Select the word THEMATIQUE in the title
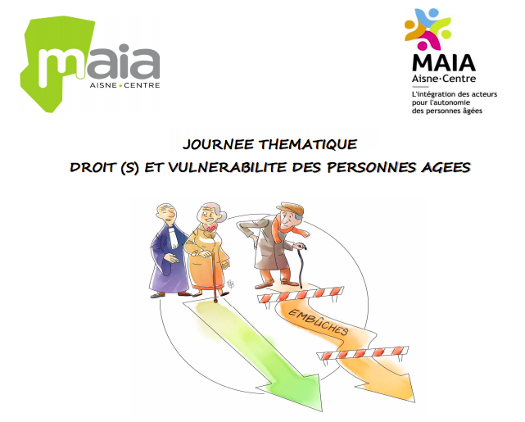[308, 144]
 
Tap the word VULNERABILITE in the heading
[228, 167]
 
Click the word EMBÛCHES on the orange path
[318, 322]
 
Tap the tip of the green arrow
[321, 411]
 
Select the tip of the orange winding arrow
[415, 402]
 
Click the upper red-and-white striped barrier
[301, 295]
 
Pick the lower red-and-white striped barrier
[363, 353]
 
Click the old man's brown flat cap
[293, 208]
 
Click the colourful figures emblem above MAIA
[428, 29]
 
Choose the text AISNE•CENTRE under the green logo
[124, 85]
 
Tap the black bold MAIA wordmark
[444, 63]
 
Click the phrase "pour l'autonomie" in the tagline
[441, 102]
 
